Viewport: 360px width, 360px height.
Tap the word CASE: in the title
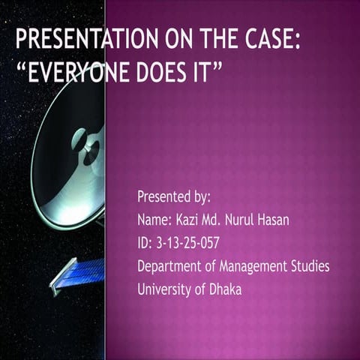coord(271,40)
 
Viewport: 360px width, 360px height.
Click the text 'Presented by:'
coord(173,197)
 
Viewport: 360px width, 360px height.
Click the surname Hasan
coord(294,220)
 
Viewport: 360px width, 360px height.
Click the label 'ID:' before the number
coord(144,243)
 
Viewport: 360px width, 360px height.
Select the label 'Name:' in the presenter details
coord(154,220)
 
